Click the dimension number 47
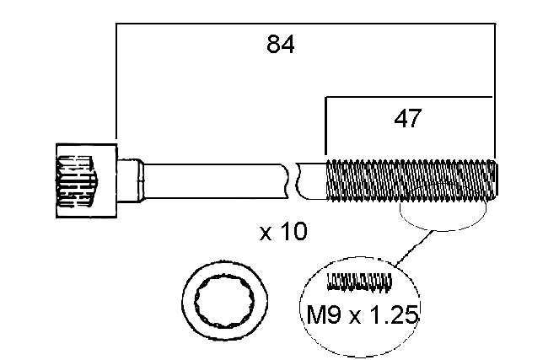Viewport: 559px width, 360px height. click(407, 119)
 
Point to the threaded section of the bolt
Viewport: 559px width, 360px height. click(405, 180)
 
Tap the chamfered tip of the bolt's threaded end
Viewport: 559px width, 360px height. click(495, 180)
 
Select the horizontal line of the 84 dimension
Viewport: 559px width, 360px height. click(304, 24)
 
